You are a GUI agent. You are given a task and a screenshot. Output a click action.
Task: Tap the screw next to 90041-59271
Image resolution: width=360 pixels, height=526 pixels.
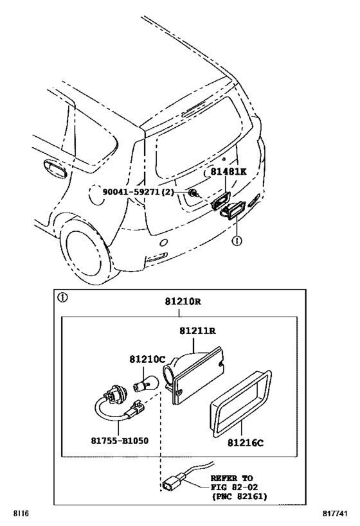tap(193, 193)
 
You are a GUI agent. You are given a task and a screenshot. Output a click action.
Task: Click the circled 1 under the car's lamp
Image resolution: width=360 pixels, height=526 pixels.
tap(237, 241)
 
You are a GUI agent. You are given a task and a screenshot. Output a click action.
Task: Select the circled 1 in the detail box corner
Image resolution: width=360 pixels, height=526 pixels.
tap(62, 297)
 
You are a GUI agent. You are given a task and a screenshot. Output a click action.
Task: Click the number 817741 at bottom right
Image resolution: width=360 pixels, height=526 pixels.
tap(335, 514)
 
